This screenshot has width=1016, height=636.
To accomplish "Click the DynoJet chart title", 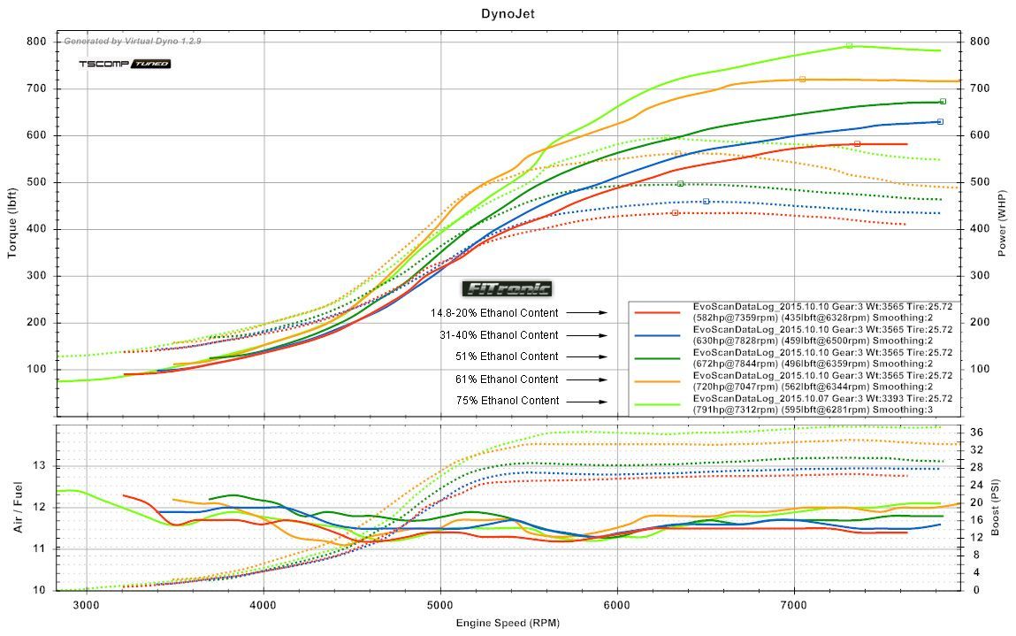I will pos(508,13).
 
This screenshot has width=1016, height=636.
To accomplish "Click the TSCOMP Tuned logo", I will pos(125,64).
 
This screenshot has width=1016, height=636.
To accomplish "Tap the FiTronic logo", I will pos(507,288).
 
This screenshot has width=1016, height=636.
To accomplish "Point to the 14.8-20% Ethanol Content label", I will pos(494,313).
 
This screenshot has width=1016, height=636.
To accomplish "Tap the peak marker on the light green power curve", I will pos(849,45).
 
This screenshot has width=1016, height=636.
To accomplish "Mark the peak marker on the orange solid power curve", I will pos(802,80).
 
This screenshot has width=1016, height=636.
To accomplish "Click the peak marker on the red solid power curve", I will pos(857,143).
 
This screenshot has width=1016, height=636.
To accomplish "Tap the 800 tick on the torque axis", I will pos(36,42).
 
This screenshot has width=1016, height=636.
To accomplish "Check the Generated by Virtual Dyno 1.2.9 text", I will pos(133,41).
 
